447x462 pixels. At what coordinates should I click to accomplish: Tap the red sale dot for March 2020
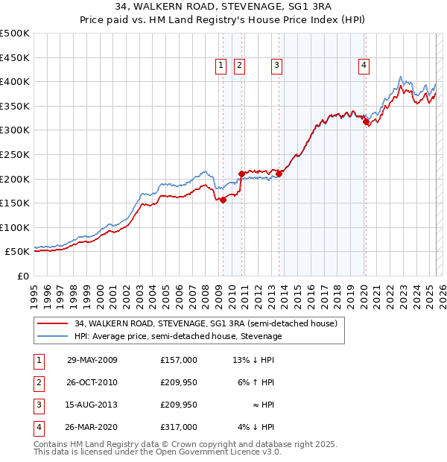[x=366, y=122]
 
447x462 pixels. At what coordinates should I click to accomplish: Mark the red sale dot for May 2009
[x=223, y=200]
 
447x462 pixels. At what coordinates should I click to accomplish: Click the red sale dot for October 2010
[x=241, y=174]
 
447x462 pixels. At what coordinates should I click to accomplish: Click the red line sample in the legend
[x=53, y=324]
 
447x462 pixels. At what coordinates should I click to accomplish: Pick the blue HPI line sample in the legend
[x=53, y=336]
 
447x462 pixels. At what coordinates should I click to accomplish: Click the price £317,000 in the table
[x=179, y=427]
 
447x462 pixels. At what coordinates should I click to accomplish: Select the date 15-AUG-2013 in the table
[x=92, y=405]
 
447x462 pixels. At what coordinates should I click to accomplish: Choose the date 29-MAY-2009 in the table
[x=92, y=360]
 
